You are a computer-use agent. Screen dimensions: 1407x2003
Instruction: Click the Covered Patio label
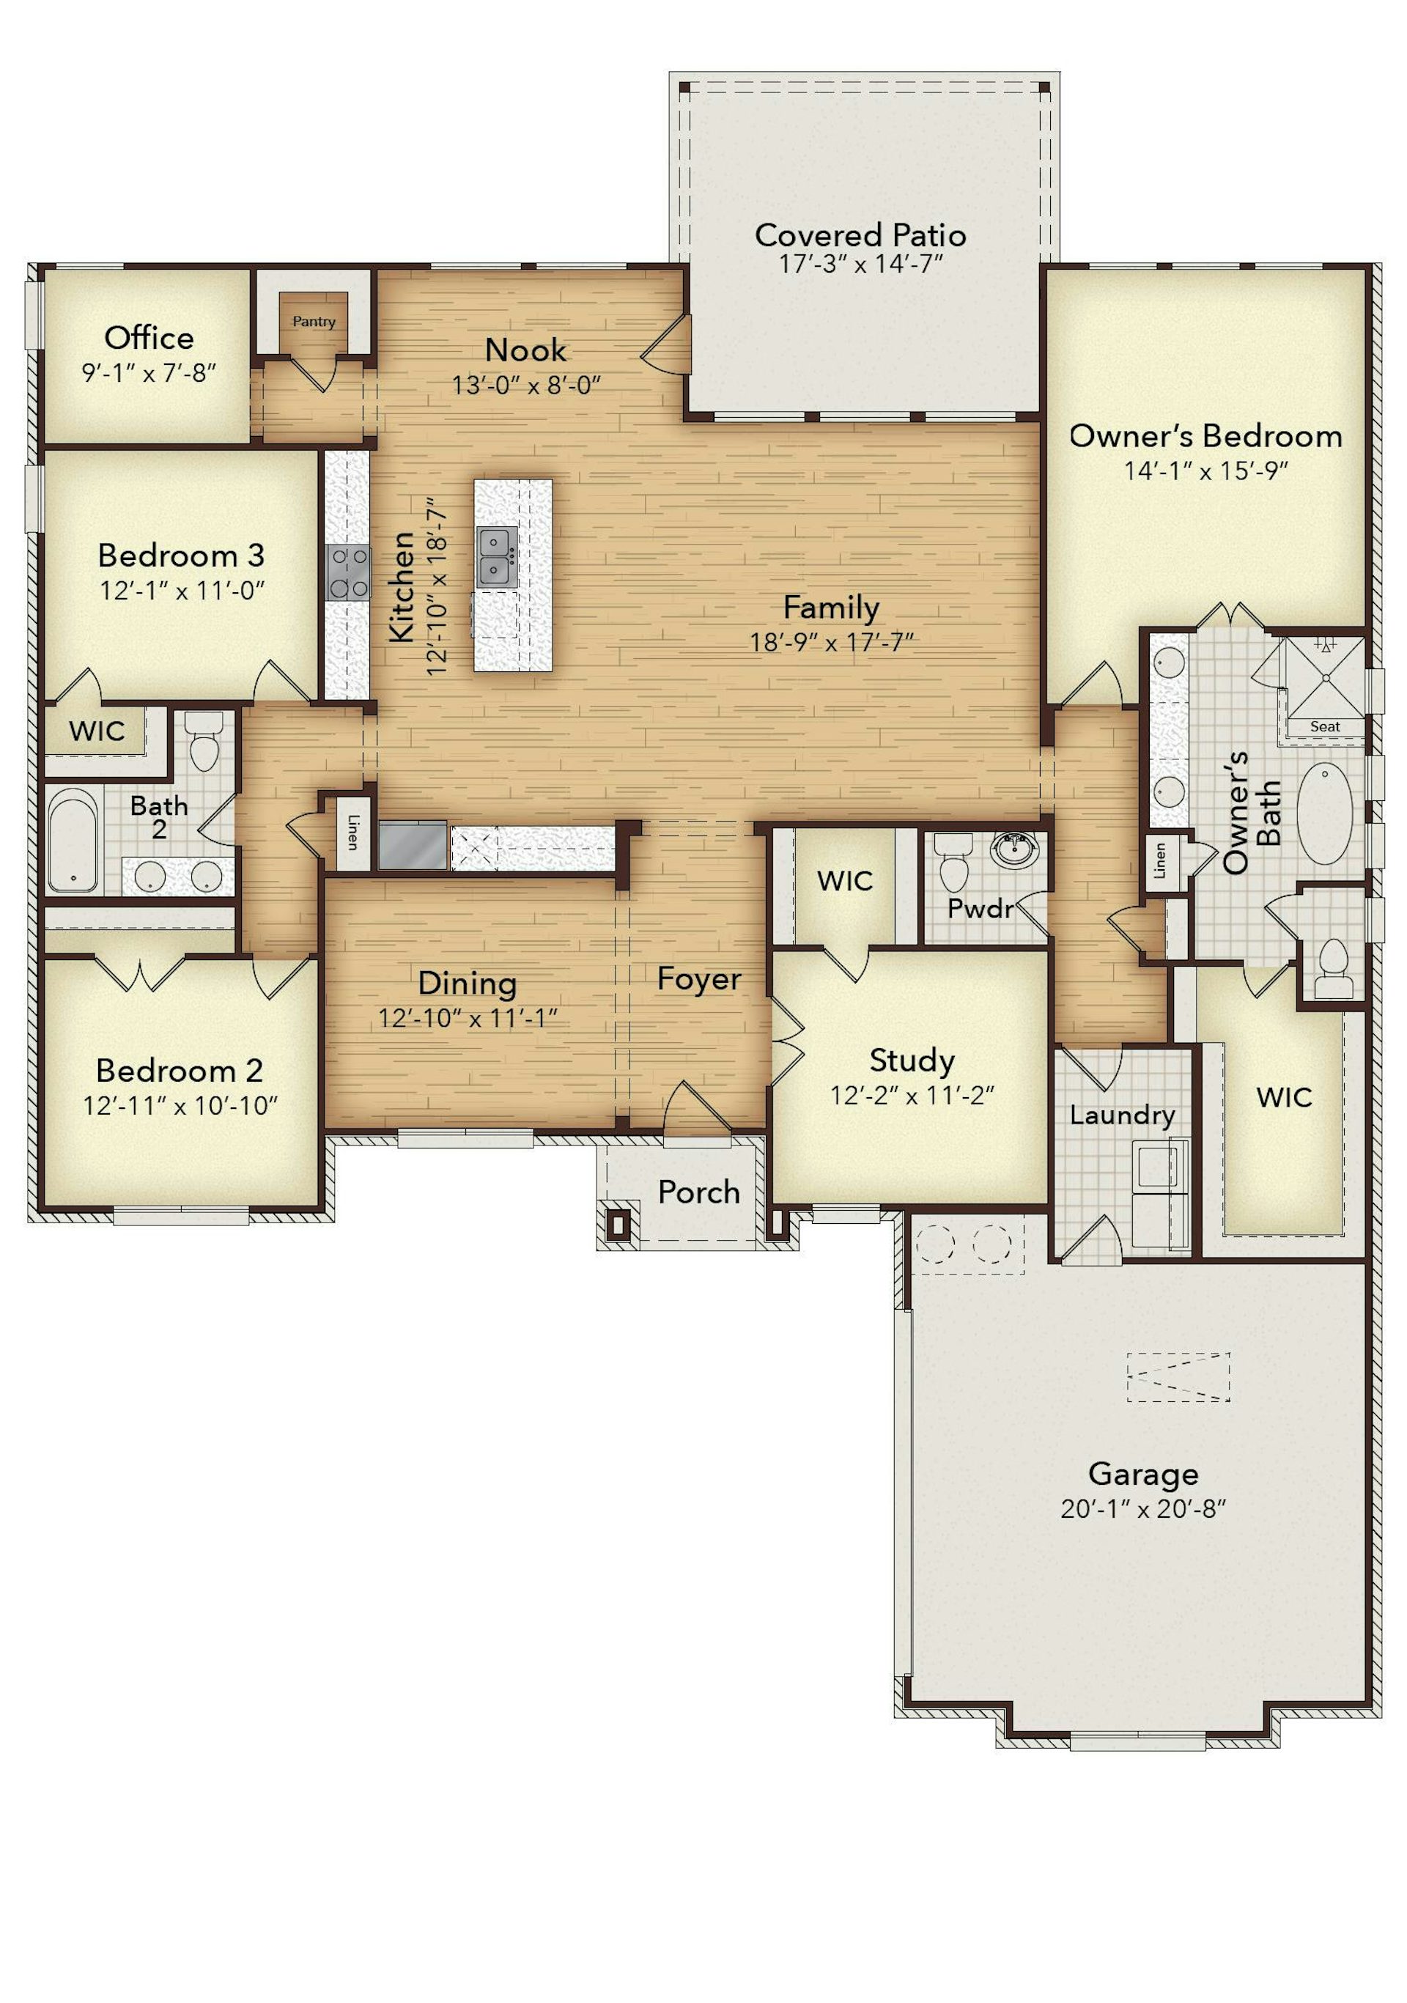coord(860,235)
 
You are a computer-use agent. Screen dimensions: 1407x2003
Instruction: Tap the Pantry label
coord(314,321)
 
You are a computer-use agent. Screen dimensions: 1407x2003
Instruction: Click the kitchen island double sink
coord(497,556)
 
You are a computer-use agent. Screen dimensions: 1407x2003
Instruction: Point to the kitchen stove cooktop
coord(348,572)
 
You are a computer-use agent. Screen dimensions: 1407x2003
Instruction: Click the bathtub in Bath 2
coord(72,840)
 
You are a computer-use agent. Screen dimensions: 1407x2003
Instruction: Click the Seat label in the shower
coord(1325,726)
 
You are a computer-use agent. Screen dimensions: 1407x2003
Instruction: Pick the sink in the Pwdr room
coord(1016,849)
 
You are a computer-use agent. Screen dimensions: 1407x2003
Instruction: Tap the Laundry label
coord(1123,1115)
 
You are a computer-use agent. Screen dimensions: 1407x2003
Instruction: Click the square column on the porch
coord(618,1224)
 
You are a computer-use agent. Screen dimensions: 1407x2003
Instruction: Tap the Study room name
coord(912,1060)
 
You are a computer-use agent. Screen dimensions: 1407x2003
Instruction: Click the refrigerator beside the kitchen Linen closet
coord(413,845)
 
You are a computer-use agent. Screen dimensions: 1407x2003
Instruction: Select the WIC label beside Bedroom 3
coord(97,731)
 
